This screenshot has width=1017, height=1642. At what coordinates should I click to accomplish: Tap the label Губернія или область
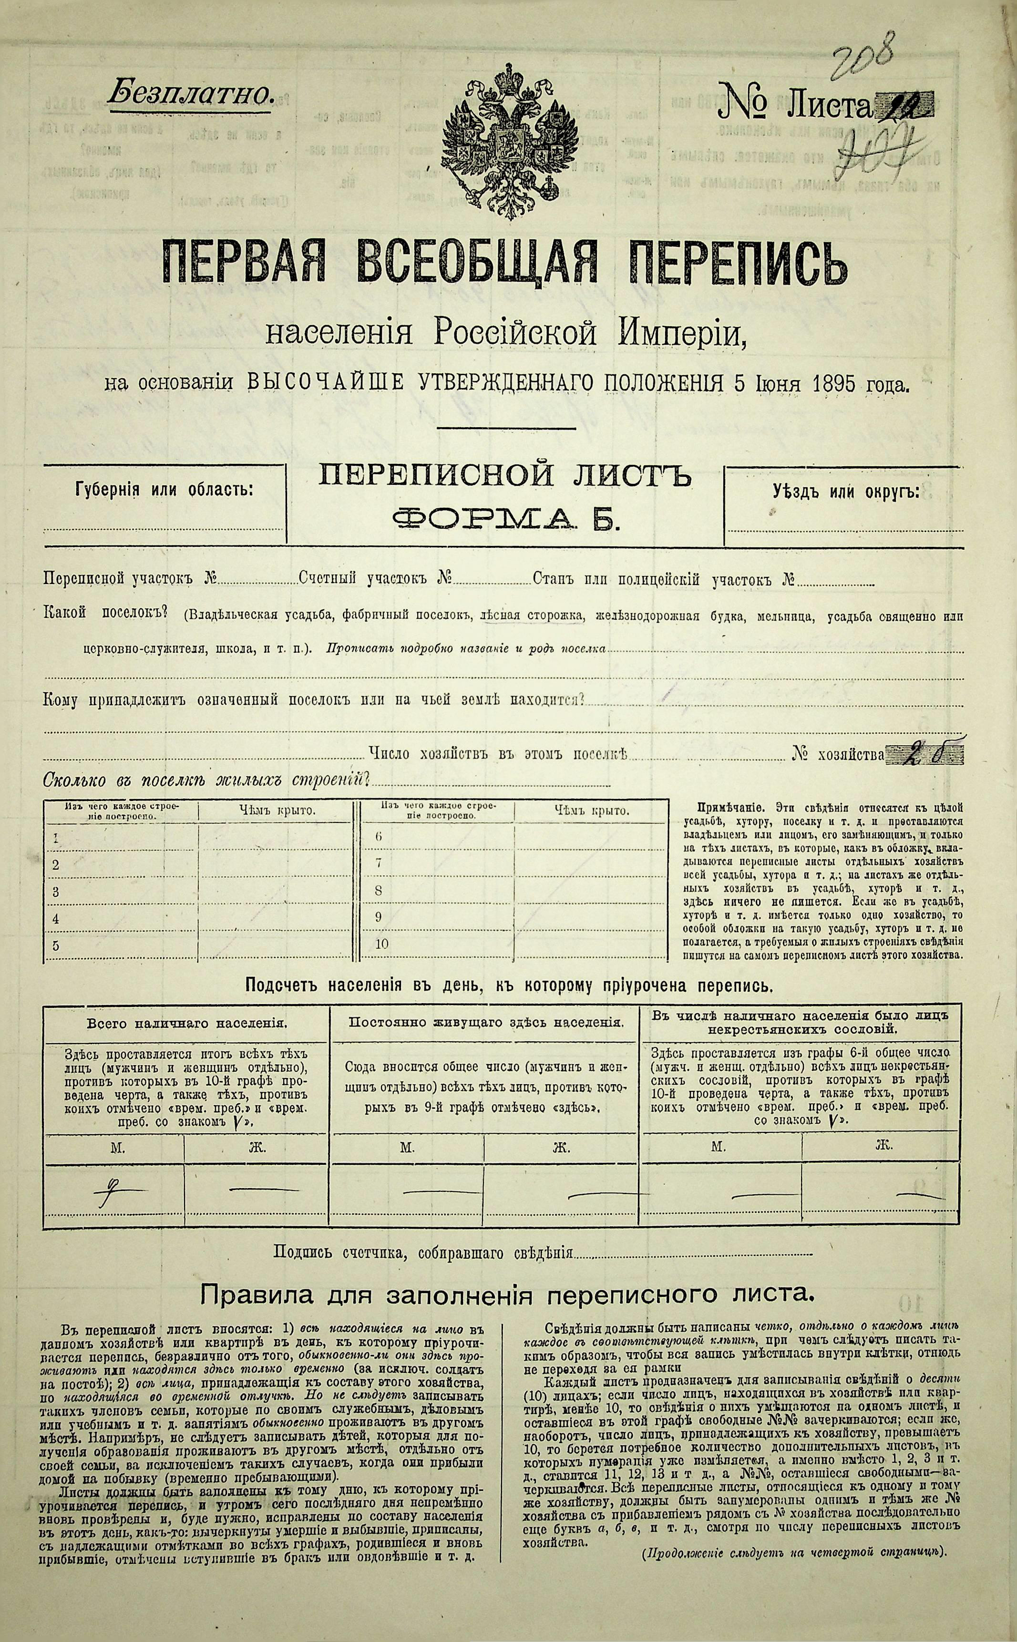[165, 489]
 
